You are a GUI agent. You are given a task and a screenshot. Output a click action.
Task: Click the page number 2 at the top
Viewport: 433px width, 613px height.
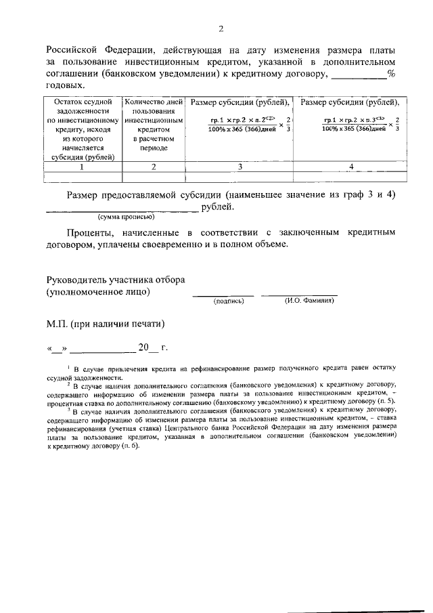pyautogui.click(x=221, y=28)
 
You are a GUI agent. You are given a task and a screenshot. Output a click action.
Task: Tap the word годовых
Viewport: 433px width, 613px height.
pyautogui.click(x=66, y=85)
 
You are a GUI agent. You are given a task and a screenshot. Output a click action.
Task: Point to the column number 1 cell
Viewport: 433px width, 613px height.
pyautogui.click(x=81, y=166)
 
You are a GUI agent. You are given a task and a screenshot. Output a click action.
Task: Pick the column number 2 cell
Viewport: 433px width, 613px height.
pyautogui.click(x=153, y=166)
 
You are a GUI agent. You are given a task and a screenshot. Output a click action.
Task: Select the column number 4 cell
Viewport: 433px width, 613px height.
pyautogui.click(x=350, y=166)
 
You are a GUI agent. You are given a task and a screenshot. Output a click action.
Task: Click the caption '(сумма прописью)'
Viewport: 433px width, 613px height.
pyautogui.click(x=126, y=217)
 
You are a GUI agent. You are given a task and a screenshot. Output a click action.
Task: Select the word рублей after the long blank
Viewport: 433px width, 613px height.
pyautogui.click(x=216, y=207)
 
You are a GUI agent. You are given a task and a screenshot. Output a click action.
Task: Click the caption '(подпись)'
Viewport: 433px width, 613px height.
pyautogui.click(x=228, y=300)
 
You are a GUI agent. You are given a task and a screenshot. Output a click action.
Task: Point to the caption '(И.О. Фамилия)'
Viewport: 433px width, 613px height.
pyautogui.click(x=309, y=300)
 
